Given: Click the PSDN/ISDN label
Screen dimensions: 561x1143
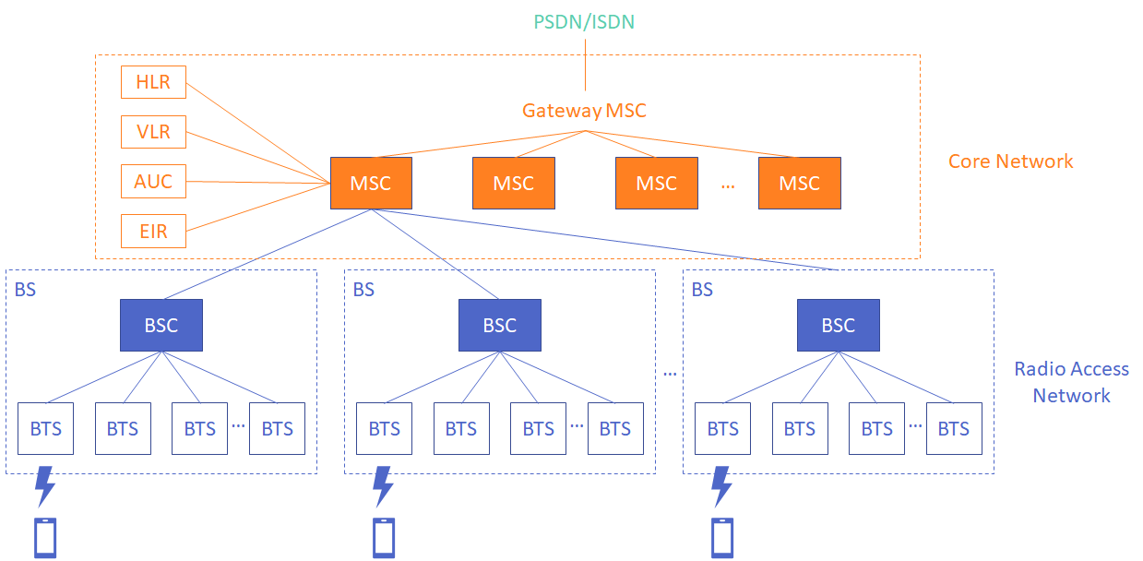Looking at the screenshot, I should pos(585,21).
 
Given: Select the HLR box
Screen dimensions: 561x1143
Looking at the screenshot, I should pos(153,82).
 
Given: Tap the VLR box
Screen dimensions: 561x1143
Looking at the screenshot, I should pos(153,132).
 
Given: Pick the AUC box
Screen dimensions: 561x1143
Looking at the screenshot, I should pos(153,181).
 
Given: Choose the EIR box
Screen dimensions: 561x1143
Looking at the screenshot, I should pos(153,231).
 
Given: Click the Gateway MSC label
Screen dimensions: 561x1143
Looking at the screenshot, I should pos(584,111).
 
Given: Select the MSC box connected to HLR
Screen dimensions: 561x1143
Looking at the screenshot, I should pos(371,183).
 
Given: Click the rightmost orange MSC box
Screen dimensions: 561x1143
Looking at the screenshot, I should pos(799,183).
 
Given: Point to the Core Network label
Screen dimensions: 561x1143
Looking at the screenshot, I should pos(1010,161).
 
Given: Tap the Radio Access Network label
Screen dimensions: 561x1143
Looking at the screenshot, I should pos(1071,382).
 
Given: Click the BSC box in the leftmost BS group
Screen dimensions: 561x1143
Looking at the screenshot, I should pos(161,326).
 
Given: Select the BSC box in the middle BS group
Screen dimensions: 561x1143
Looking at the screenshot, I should pos(500,326).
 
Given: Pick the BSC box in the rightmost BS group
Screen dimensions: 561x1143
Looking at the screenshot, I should pos(839,326).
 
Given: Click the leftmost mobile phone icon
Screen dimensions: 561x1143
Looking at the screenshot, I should pos(45,538).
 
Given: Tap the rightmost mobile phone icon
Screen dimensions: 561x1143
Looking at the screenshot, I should pos(722,538).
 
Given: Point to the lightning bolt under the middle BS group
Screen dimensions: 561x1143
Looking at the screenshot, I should pos(383,486).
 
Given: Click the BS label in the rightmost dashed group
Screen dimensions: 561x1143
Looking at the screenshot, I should pos(702,290).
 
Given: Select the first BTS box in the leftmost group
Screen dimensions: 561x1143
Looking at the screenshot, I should pos(45,429).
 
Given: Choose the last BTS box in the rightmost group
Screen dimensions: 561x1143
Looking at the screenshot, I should pos(954,429).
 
